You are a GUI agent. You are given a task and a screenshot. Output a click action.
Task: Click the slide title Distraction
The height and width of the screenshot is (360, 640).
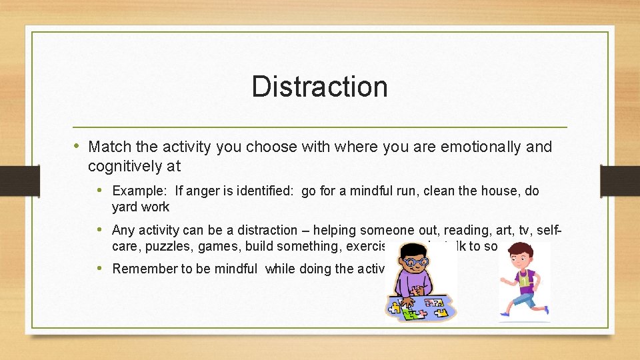319,87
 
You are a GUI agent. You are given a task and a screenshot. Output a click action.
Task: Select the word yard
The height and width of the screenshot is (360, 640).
125,207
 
